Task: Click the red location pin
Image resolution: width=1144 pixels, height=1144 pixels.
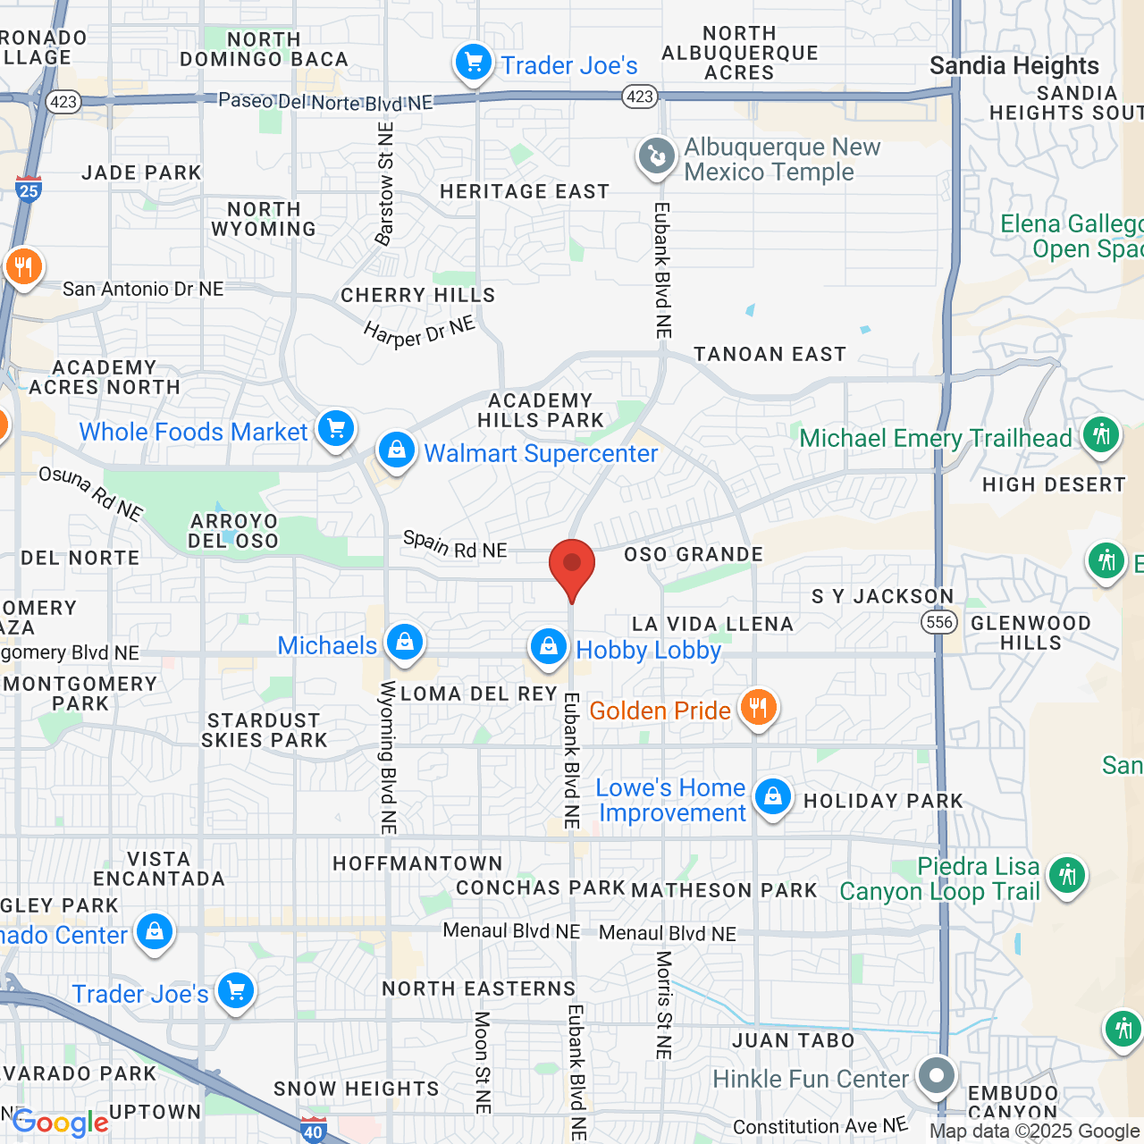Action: click(571, 567)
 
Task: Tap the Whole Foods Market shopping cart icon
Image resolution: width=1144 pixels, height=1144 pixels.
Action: click(336, 429)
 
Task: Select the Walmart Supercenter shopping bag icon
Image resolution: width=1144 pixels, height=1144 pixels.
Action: click(396, 450)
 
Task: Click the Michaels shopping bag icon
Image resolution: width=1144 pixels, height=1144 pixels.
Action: click(404, 643)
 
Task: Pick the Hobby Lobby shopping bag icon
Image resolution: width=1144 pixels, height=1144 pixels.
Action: click(548, 647)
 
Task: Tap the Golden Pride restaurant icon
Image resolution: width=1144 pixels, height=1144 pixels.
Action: click(758, 709)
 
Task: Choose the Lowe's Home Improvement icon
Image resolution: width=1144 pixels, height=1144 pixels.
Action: click(773, 797)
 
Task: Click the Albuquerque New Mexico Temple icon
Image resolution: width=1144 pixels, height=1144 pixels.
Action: click(657, 157)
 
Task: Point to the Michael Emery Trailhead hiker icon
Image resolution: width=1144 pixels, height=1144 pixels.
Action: click(1101, 436)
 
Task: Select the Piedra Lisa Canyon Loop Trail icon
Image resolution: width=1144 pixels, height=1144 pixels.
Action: click(1067, 875)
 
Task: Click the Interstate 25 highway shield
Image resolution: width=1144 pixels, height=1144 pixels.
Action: click(29, 189)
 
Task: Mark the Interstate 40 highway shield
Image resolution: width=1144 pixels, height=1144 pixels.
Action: click(313, 1131)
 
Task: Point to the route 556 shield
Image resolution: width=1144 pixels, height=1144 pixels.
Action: click(939, 622)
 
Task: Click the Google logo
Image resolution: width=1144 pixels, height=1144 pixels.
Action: click(61, 1123)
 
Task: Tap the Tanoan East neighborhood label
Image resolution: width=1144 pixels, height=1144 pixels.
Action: click(770, 355)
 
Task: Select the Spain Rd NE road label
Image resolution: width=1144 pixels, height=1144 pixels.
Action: click(455, 544)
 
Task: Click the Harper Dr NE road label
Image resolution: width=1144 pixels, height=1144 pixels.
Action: click(419, 332)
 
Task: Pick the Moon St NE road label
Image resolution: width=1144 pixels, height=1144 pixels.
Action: click(483, 1063)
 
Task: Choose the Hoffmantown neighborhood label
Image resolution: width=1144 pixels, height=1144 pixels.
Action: click(417, 863)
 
